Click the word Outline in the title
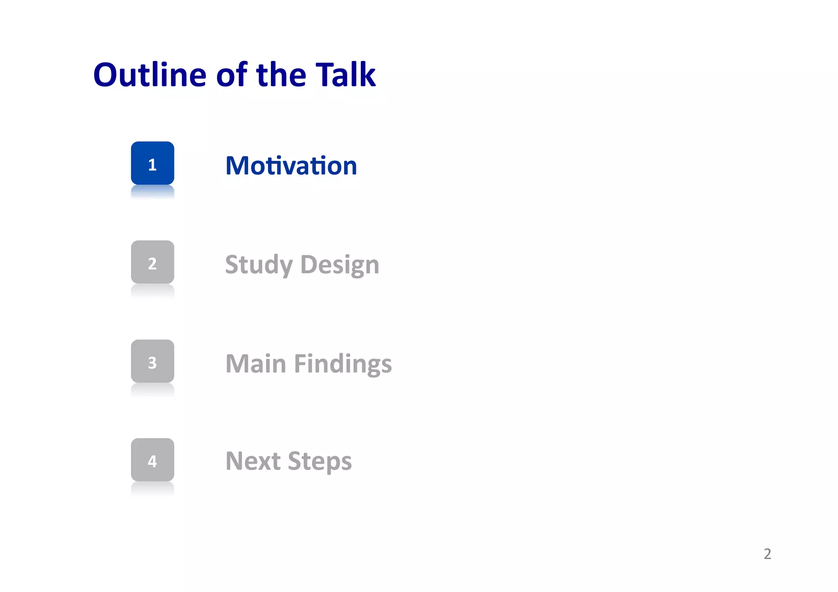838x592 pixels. tap(150, 75)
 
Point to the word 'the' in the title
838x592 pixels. tap(281, 75)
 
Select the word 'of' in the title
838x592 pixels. tap(232, 75)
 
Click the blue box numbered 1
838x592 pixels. tap(152, 163)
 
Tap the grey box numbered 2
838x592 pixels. tap(152, 262)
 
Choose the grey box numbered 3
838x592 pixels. tap(152, 361)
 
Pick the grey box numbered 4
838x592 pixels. tap(152, 460)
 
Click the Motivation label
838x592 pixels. tap(291, 166)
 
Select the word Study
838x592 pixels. tap(259, 265)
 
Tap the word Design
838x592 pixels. tap(340, 265)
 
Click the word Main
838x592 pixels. tap(256, 364)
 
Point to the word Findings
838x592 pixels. tap(343, 364)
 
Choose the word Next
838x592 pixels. tap(253, 461)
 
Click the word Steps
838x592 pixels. tap(320, 461)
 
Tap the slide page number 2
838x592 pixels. tap(767, 554)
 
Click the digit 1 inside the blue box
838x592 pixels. tap(152, 165)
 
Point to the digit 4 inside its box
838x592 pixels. tap(152, 461)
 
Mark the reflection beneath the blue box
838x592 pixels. tap(152, 191)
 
